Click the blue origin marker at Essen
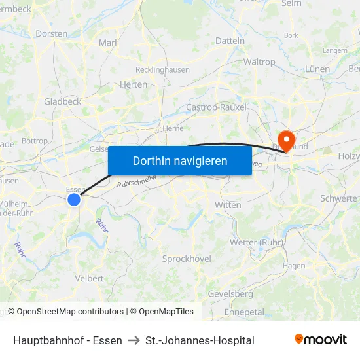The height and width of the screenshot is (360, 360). coord(74,200)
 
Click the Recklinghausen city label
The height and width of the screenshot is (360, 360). coord(162,69)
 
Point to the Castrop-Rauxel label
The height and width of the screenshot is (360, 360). coord(216,107)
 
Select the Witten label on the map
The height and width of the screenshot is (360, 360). coord(228,205)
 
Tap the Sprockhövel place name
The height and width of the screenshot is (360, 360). coord(187,259)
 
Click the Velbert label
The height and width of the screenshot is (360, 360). coord(89,278)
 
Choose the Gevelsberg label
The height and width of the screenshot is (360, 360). coord(230,293)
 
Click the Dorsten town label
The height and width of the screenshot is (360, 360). coord(51,33)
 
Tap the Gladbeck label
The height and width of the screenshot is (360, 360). coord(62,101)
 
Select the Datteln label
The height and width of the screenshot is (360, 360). coord(230,41)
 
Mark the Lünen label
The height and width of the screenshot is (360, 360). coord(318,69)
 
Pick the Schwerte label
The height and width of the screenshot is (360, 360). coord(339,198)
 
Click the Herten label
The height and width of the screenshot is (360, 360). coord(134,84)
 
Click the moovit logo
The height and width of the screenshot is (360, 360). coord(321,339)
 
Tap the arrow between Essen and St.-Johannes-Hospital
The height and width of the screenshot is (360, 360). coord(134,340)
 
